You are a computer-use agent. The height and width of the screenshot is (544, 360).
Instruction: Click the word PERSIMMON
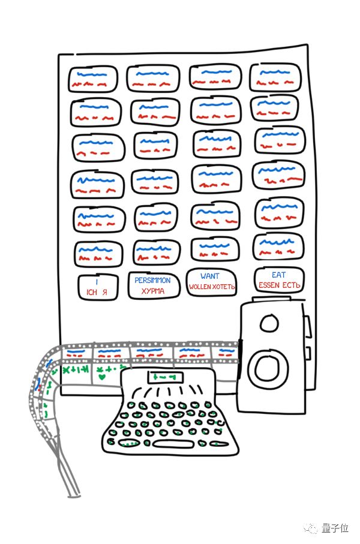152,280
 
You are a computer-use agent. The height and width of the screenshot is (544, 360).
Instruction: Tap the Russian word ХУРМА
152,291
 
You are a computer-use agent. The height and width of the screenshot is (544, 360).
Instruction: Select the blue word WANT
211,276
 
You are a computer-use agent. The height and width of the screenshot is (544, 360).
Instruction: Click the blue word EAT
278,275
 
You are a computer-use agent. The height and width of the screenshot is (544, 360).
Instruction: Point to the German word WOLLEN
201,287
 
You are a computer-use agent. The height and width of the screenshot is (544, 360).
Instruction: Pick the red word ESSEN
269,285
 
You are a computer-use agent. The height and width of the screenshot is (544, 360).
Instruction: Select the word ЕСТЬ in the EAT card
290,285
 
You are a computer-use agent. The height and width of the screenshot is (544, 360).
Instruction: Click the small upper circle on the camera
268,324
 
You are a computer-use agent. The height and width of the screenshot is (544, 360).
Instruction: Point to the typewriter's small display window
163,377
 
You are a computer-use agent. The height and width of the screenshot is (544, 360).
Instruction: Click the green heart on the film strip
102,378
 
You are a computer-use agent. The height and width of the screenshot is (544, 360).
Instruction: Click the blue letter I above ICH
98,281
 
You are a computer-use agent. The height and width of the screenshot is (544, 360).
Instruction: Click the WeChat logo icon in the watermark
312,528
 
